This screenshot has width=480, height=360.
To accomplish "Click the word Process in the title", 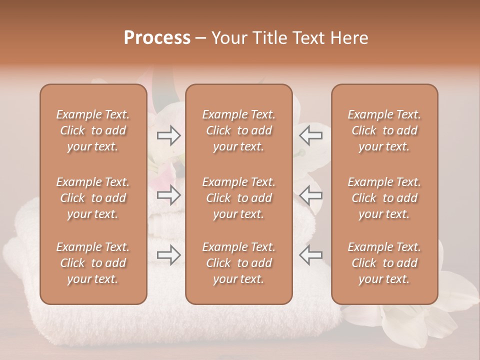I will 157,38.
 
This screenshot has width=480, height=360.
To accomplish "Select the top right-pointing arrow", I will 169,135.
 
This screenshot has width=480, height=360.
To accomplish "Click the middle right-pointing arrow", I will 169,195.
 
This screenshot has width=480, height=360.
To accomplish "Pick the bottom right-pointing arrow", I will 169,255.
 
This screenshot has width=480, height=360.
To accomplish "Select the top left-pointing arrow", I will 310,135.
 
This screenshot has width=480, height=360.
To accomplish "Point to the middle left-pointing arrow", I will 310,195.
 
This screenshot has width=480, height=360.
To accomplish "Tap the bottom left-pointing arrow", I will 310,255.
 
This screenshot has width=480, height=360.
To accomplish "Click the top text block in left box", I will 93,130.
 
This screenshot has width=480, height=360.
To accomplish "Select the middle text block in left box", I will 93,198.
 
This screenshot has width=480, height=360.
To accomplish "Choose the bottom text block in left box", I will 93,263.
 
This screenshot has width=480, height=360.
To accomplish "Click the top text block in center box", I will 238,130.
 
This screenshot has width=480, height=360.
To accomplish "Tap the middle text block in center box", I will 238,198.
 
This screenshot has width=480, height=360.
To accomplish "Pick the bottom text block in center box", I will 238,263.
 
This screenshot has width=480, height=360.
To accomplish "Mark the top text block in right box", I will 384,130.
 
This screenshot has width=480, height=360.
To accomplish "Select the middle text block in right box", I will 384,198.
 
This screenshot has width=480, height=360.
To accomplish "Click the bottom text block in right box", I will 384,263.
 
